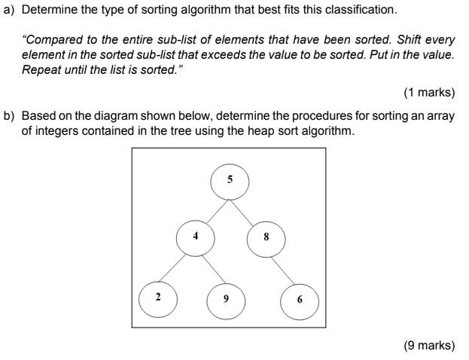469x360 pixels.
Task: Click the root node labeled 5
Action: [x=230, y=181]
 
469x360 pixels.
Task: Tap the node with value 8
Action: [x=266, y=236]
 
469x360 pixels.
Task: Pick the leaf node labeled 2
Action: [x=158, y=296]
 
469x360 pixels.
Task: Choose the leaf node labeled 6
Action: [x=300, y=299]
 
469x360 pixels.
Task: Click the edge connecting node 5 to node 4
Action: [x=212, y=209]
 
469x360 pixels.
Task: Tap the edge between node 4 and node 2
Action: [x=177, y=266]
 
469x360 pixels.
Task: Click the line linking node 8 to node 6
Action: [x=282, y=267]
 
